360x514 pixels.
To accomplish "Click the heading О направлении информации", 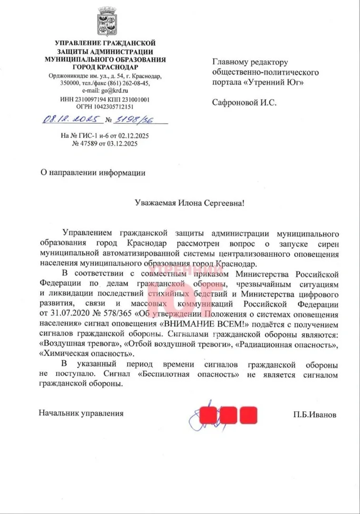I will tap(93, 173).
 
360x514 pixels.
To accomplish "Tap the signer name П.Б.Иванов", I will tap(314, 414).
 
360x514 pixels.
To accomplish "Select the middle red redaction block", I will tap(228, 415).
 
